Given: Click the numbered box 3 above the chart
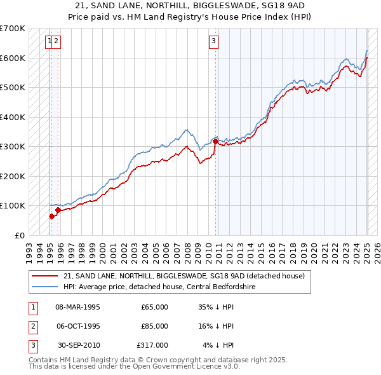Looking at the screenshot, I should click(214, 42).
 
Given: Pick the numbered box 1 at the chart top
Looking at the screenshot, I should click(49, 42).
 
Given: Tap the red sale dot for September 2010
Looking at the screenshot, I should click(215, 142).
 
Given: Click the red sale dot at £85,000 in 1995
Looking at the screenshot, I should click(58, 210).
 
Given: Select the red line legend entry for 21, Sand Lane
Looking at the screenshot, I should click(184, 276).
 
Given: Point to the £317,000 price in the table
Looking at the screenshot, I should click(152, 345).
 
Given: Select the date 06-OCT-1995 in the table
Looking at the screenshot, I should click(78, 326).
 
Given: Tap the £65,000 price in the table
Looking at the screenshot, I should click(154, 307).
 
